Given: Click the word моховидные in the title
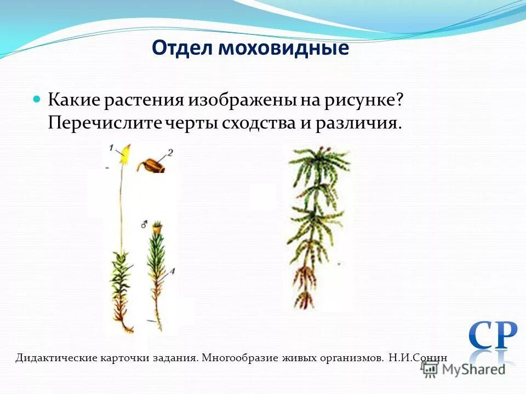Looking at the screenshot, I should [x=284, y=48].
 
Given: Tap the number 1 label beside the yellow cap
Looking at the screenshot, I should [x=111, y=148].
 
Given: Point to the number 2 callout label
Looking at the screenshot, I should [x=170, y=153].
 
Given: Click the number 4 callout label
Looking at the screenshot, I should [x=172, y=270].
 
